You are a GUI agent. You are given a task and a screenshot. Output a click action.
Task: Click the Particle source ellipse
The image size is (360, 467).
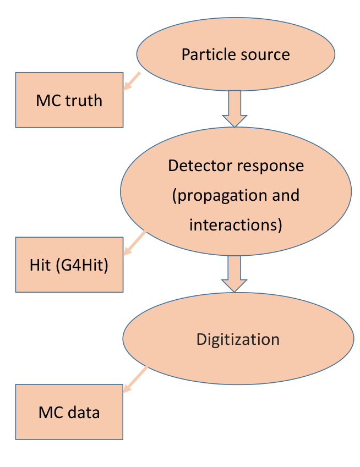point(236,54)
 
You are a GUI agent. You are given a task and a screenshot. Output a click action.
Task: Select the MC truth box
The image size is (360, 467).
point(69,100)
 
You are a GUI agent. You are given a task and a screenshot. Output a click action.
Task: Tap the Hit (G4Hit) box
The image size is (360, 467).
point(69,265)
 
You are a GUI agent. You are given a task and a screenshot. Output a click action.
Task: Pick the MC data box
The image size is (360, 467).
point(69,412)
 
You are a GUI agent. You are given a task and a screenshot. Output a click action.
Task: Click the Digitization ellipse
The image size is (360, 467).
point(238,339)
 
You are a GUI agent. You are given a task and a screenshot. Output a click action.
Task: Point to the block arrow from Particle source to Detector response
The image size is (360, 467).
point(234,109)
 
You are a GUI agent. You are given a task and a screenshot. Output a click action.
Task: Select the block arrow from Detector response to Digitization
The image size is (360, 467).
point(234,274)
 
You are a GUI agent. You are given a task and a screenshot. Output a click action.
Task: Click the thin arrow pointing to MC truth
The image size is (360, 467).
point(132,81)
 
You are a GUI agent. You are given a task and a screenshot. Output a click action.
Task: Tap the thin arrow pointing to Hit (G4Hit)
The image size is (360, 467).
point(135,243)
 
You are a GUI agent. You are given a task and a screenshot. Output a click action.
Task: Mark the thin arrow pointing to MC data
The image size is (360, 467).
point(135,380)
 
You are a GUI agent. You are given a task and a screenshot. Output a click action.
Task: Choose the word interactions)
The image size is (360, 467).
point(236,225)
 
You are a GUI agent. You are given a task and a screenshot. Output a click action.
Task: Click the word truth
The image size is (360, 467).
point(84,100)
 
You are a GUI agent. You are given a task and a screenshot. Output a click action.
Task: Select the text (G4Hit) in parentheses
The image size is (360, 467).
point(82,265)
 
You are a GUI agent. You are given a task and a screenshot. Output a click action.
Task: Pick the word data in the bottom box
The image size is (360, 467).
point(84,413)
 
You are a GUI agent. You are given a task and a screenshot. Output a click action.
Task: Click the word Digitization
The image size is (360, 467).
point(238,339)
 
